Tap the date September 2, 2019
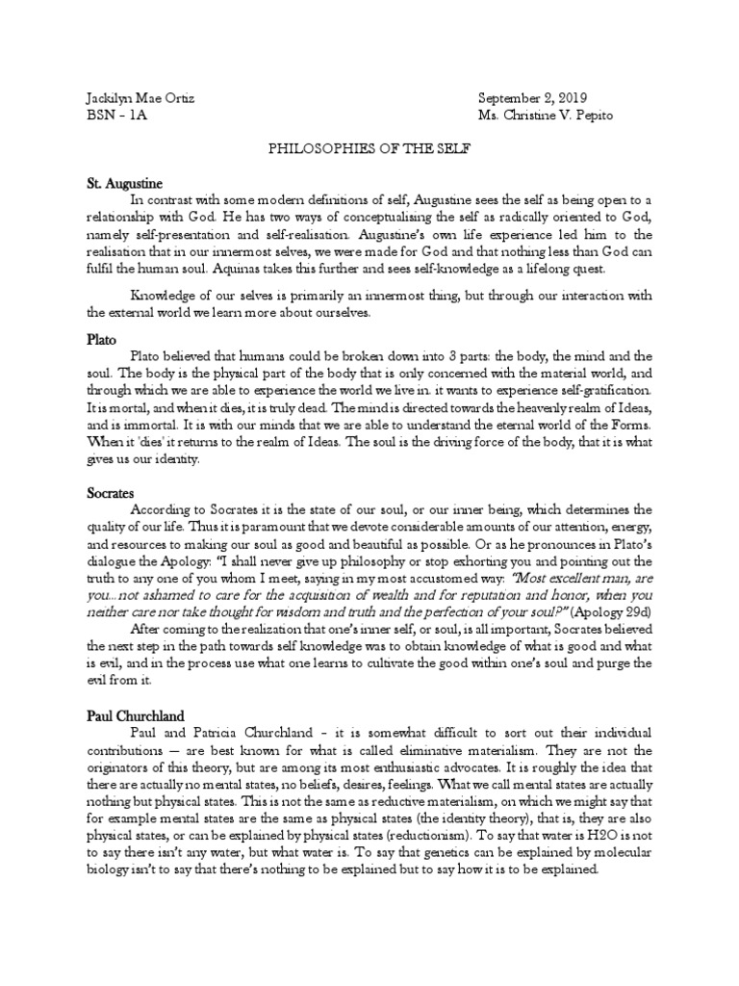coord(532,99)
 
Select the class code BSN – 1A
coord(113,116)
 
